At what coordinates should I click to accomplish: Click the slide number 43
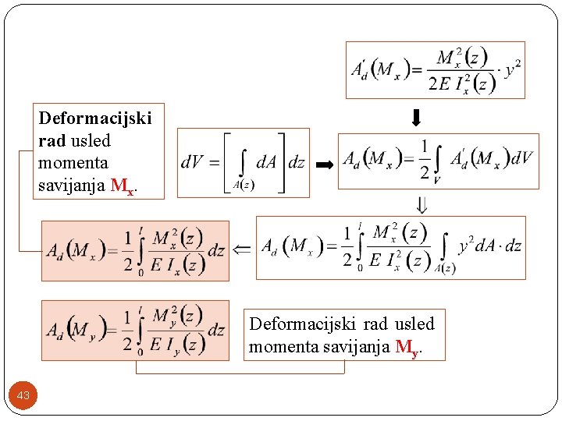(23, 396)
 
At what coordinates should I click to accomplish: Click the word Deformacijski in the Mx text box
(95, 119)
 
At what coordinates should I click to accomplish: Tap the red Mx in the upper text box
(122, 186)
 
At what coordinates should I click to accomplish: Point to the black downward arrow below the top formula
(416, 119)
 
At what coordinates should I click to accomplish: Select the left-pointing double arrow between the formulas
(242, 249)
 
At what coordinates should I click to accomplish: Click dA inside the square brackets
(267, 161)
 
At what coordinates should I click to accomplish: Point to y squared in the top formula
(513, 70)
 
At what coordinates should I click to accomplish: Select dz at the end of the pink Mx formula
(216, 251)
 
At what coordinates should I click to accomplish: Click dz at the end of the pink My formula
(216, 331)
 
